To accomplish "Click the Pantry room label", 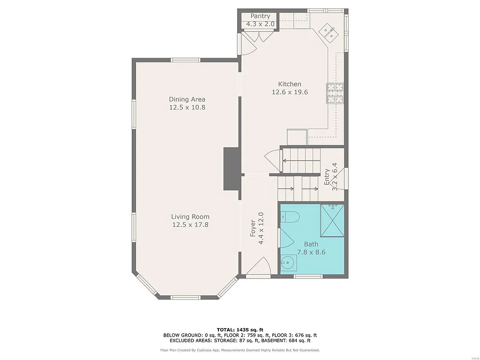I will coord(260,16).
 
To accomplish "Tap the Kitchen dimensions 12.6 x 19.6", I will coord(290,92).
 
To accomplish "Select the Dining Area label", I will coord(187,99).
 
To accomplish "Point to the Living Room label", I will coord(190,217).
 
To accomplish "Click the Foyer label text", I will coord(253,228).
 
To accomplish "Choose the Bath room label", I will coord(311,244).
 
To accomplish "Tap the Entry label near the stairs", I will coord(327,177).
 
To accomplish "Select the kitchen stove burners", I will coord(335,93).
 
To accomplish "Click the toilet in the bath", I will coord(291,217).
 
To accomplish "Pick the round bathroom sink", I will coord(288,262).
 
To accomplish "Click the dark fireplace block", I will coord(231,169).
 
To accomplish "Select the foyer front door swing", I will coord(258,267).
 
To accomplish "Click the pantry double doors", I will coord(253,37).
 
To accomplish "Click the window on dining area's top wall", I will coord(186,60).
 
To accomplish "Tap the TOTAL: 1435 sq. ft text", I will coord(240,330).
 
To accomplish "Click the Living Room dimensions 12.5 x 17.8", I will coord(190,225).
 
